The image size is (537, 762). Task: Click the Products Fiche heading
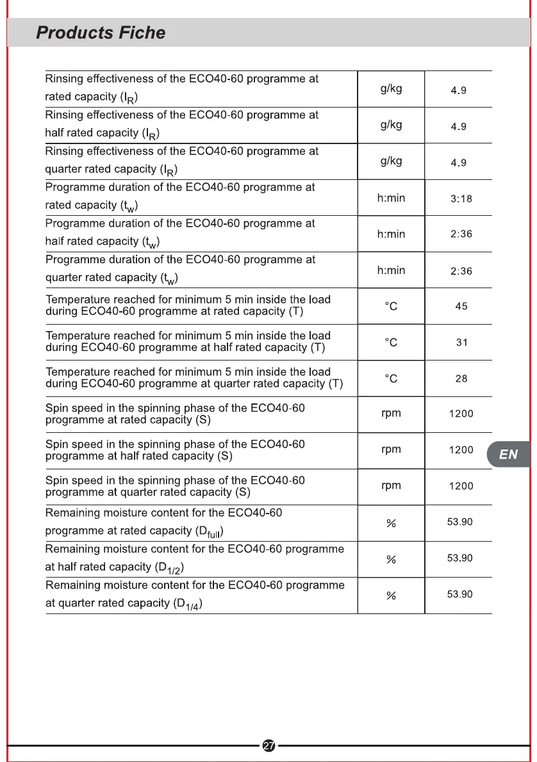pos(101,33)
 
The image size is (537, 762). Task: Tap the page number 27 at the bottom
pos(269,745)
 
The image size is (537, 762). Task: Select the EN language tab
pos(508,454)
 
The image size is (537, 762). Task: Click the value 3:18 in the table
pos(461,199)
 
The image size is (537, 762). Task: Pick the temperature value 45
pos(461,307)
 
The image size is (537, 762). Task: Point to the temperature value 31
pos(461,343)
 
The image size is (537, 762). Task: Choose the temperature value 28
pos(461,379)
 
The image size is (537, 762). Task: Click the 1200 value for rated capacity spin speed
pos(461,414)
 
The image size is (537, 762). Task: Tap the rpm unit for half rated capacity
pos(391,450)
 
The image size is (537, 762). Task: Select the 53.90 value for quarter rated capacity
pos(459,594)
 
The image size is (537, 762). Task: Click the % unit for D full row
pos(391,524)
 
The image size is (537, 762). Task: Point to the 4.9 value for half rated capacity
pos(459,127)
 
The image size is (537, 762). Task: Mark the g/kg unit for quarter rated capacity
pos(391,161)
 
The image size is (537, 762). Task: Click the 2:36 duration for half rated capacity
pos(461,234)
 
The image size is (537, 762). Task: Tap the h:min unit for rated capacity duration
pos(391,198)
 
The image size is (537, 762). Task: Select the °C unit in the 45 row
pos(391,307)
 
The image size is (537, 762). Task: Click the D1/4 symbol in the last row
pos(190,604)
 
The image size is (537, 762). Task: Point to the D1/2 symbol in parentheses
pos(172,568)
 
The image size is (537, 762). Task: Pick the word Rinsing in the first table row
pos(64,79)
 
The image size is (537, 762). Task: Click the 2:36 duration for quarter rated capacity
pos(461,272)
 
